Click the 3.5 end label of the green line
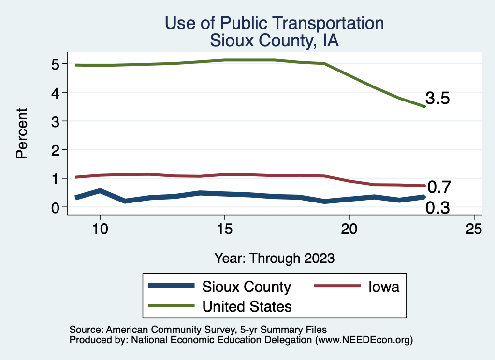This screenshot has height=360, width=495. pos(438,99)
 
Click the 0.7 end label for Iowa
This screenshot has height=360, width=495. pos(439,187)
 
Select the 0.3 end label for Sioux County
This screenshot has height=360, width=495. pos(438,208)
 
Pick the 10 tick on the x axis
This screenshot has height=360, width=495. pos(100,229)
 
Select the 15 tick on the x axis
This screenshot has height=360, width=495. pos(224,229)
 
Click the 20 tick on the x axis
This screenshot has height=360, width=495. pos(349,229)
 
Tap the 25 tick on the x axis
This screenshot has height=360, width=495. pos(474,229)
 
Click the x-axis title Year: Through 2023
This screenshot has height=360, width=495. pos(274,258)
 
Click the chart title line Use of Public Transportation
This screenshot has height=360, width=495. pos(274,23)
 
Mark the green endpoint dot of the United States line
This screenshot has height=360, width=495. pos(424,106)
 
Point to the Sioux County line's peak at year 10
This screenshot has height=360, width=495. pos(100,191)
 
